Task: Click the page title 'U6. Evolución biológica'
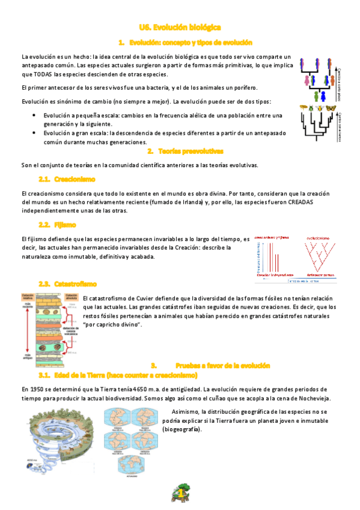click(x=180, y=27)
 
